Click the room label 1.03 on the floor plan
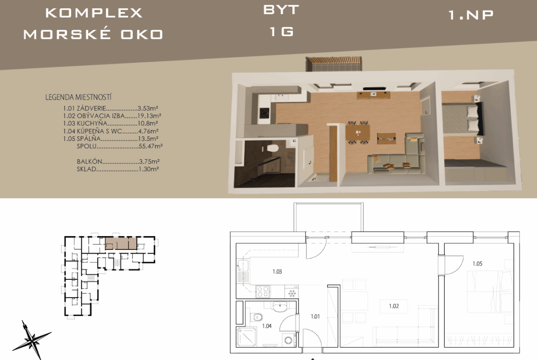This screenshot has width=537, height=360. [277, 271]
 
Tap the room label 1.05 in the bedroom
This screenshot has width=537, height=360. [477, 264]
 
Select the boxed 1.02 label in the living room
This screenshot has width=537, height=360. [394, 306]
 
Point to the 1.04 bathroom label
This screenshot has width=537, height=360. [267, 326]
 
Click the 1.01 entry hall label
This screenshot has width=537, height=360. [315, 316]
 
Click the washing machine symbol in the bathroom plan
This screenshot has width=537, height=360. [288, 340]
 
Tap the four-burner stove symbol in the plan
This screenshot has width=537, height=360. [263, 292]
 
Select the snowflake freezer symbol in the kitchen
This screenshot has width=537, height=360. [292, 293]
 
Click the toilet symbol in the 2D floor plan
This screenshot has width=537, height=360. [257, 317]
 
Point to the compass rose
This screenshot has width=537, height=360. [32, 340]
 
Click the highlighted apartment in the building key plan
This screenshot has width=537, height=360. [121, 244]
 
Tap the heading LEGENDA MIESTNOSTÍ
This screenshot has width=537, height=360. [78, 97]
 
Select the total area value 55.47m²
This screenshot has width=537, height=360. [151, 146]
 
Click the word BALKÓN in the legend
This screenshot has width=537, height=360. [89, 161]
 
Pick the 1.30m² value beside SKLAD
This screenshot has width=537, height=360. [149, 169]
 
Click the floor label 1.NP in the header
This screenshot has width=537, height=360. [471, 15]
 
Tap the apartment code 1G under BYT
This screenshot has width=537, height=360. [281, 32]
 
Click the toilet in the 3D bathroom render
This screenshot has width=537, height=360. [273, 149]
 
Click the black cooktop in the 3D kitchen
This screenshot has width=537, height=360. [264, 113]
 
